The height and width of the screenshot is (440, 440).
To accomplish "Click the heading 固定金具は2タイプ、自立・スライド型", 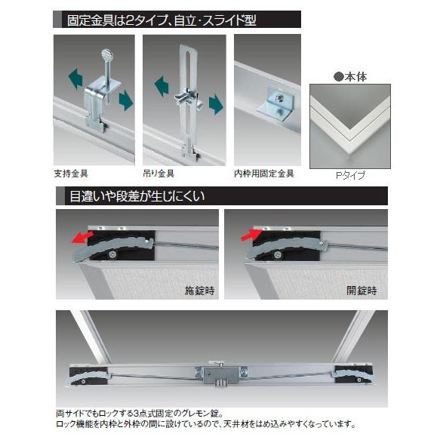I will point(162,20).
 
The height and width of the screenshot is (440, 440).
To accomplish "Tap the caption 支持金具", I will point(70,173).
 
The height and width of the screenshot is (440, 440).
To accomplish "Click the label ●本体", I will point(348,76).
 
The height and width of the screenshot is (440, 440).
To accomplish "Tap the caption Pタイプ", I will point(350,176).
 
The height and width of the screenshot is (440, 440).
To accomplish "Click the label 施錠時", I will point(199,289).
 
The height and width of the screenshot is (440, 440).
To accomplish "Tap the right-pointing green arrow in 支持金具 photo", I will point(125,101).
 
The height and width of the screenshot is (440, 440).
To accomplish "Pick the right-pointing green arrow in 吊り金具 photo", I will point(216,104).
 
